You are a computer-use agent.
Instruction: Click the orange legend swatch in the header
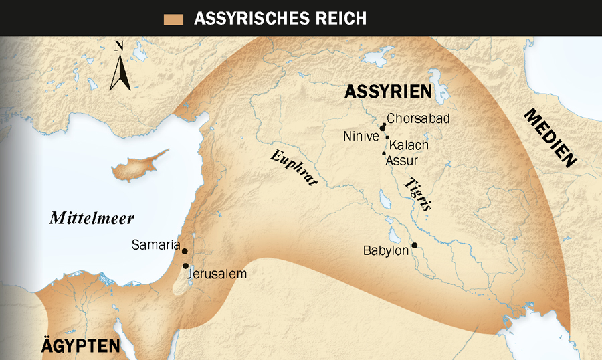pos(173,19)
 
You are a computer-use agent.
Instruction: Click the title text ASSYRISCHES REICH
pos(280,19)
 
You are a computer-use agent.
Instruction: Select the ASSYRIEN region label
pos(388,92)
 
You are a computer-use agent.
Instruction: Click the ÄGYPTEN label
pos(80,347)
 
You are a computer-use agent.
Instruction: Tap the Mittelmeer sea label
pos(92,219)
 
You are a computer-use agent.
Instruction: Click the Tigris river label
pos(417,195)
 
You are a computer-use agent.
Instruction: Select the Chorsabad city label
pos(418,119)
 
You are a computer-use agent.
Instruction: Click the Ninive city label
pos(361,137)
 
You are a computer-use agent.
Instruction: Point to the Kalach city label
pos(409,145)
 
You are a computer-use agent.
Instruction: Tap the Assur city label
pos(403,161)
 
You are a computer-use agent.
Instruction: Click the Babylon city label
pos(386,251)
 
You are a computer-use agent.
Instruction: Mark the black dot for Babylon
pos(415,246)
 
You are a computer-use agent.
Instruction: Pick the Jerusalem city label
pos(217,274)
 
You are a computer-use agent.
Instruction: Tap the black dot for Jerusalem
pos(185,266)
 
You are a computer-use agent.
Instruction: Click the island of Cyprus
pos(136,169)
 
